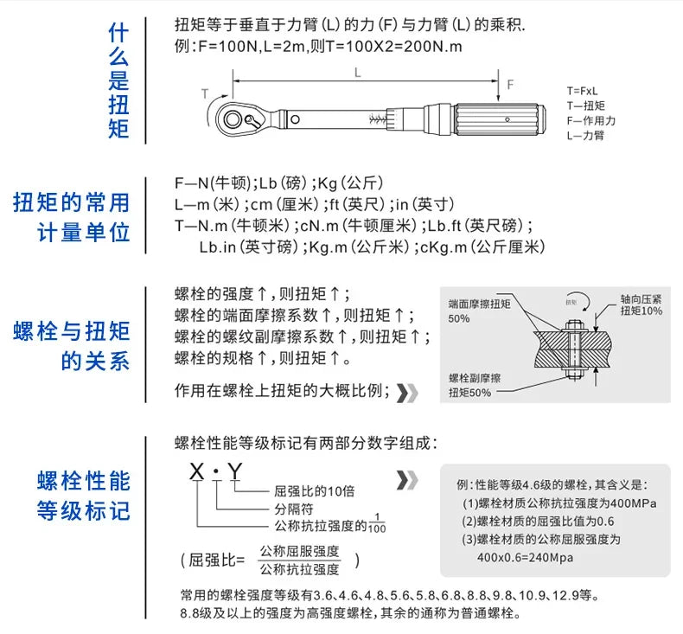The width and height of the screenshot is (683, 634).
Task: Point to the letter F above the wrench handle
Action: point(509,84)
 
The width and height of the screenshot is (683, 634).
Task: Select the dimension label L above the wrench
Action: point(357,74)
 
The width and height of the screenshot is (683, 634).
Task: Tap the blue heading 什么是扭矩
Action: point(118,81)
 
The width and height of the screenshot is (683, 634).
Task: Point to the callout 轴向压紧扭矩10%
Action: point(641,304)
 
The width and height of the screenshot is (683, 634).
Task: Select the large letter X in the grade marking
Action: point(198,472)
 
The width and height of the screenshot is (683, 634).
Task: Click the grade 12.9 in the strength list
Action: point(563,596)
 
